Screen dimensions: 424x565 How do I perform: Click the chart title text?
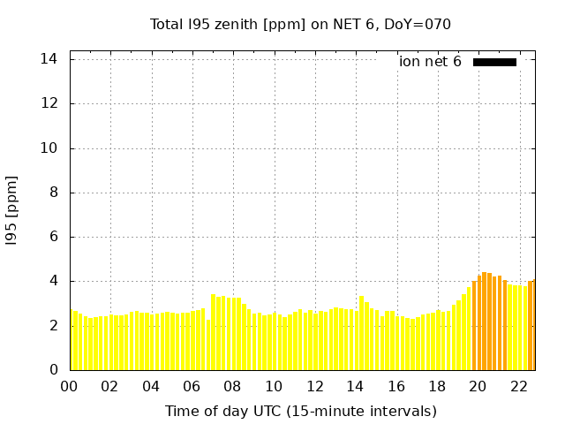coord(300,24)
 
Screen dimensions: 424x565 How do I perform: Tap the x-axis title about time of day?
coord(300,411)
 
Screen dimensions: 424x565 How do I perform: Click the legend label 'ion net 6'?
coord(430,62)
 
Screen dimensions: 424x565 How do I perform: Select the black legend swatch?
coord(494,62)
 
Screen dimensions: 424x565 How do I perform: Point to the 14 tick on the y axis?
coord(49,59)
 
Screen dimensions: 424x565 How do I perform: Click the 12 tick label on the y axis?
coord(49,103)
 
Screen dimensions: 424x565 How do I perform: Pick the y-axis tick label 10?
coord(49,148)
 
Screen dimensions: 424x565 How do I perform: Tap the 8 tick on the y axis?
coord(53,193)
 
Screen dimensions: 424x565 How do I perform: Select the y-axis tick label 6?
coord(53,237)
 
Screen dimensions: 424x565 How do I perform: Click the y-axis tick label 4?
coord(53,281)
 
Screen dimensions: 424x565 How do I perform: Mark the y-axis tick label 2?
coord(53,325)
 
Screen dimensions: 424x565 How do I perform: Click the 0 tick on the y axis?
coord(53,370)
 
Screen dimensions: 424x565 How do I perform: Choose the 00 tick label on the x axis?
coord(70,387)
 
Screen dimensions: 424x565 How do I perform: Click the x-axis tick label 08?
coord(233,387)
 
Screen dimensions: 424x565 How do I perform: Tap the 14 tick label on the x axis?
coord(355,387)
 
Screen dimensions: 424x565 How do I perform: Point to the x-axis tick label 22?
coord(518,387)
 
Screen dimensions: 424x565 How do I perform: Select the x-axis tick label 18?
coord(437,387)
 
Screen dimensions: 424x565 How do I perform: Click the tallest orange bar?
coord(485,321)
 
